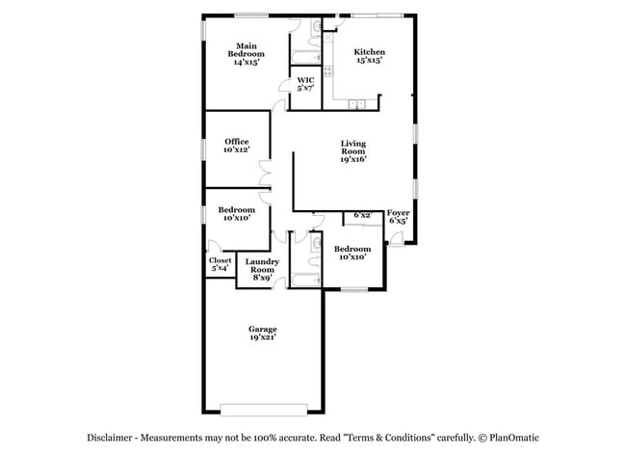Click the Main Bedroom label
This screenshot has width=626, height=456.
pos(246,49)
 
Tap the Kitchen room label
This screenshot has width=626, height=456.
pos(369,52)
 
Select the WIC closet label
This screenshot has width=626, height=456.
pos(304,80)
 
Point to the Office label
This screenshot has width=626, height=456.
pos(236,142)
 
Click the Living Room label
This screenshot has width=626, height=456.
pos(353,148)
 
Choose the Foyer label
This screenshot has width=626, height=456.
pos(398,212)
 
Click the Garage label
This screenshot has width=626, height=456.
pos(263,329)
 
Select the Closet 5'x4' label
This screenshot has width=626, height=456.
pos(220,260)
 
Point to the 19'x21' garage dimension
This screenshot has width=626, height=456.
pos(263,338)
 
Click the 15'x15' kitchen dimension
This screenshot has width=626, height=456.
pos(369,61)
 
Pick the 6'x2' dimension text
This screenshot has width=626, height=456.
pos(362,215)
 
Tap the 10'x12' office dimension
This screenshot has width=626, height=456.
pos(236,150)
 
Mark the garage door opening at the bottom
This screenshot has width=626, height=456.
pos(262,406)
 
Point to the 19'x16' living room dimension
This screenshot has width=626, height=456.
pos(353,160)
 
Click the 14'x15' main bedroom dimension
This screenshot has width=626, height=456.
pos(246,62)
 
